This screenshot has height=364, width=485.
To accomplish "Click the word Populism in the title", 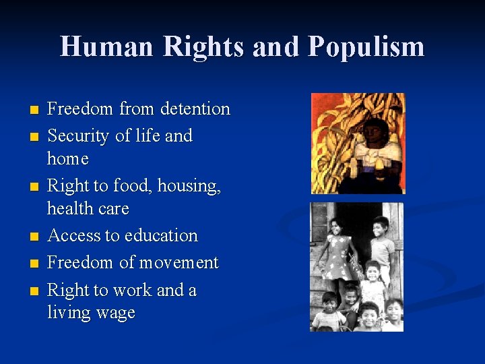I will [x=366, y=47].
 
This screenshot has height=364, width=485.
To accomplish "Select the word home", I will [x=68, y=159].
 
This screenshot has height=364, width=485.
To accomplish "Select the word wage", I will [x=117, y=313].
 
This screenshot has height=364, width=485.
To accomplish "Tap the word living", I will [x=69, y=313].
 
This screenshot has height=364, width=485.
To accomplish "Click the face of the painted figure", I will [x=375, y=129].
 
